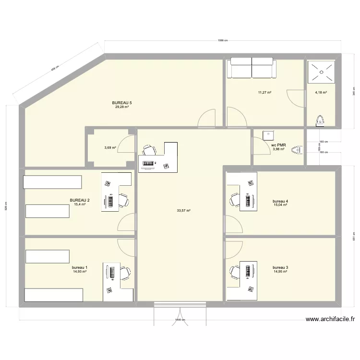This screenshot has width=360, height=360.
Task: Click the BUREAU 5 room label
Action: pyautogui.click(x=121, y=103)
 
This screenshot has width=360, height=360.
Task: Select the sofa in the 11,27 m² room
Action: pyautogui.click(x=252, y=69)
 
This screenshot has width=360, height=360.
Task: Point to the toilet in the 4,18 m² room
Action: pyautogui.click(x=320, y=120)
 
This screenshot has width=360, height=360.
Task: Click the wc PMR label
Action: pyautogui.click(x=278, y=145)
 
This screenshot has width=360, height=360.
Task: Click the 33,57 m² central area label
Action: pyautogui.click(x=184, y=210)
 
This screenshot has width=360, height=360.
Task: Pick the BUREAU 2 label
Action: pyautogui.click(x=80, y=200)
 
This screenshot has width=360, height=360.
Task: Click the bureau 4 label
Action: pyautogui.click(x=280, y=201)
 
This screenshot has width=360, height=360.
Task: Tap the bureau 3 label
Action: pyautogui.click(x=280, y=267)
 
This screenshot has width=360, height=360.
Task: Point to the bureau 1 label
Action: pyautogui.click(x=80, y=267)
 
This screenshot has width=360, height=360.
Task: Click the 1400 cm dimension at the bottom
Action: pyautogui.click(x=180, y=320)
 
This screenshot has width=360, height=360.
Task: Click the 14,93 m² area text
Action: pyautogui.click(x=80, y=272)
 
